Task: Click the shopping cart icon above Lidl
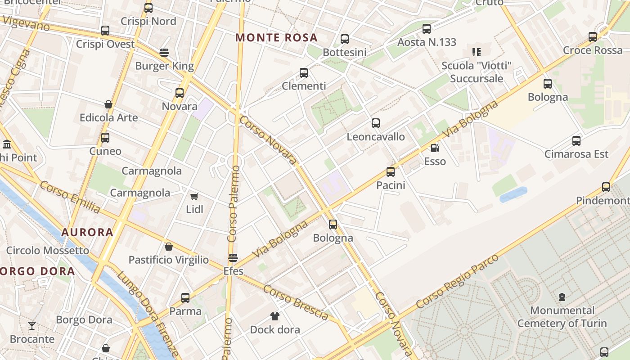[194, 196]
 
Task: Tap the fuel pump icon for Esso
[435, 148]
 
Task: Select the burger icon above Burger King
[164, 53]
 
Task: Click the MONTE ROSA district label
[276, 37]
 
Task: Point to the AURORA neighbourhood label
[87, 232]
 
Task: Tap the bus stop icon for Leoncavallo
[376, 123]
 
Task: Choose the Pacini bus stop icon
[391, 172]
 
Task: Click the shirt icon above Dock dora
[274, 316]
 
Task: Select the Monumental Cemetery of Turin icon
[562, 297]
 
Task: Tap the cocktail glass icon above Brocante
[32, 325]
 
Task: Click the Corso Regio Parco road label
[458, 281]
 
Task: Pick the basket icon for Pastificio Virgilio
[169, 247]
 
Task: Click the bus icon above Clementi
[304, 73]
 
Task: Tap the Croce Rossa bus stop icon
[593, 37]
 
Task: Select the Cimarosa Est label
[576, 154]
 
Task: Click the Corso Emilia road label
[70, 197]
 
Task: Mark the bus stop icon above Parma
[185, 298]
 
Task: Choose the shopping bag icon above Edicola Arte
[108, 104]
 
